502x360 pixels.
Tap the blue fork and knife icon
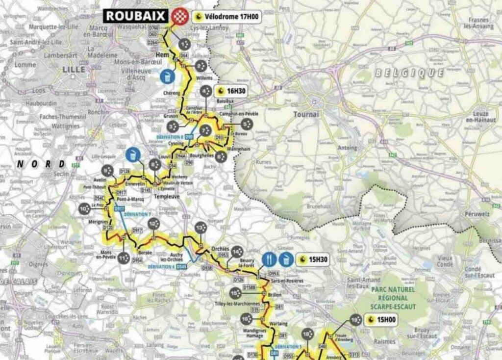coord(269,259)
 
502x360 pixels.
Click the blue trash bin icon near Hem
coord(167,76)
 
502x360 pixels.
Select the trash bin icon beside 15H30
coord(287,259)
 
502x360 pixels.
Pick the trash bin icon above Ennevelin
coord(132,154)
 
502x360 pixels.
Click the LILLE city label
coord(74,70)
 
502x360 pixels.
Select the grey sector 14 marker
coord(237,252)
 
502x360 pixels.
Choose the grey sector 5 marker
coord(248,125)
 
